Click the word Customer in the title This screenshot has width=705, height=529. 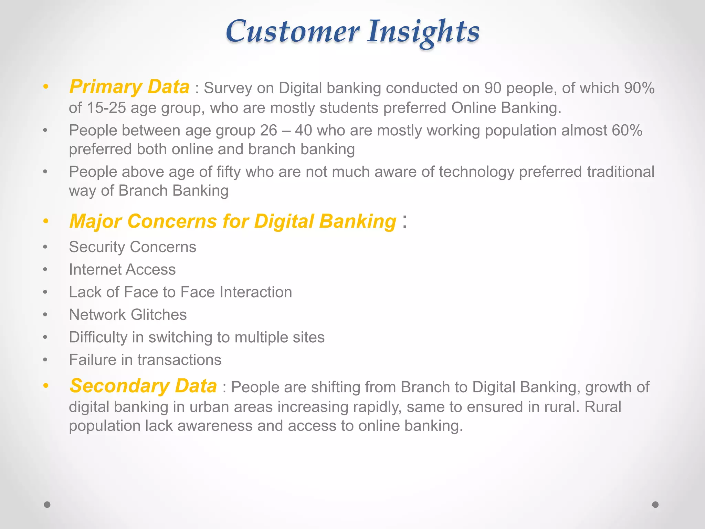point(292,32)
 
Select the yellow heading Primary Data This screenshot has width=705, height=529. point(129,87)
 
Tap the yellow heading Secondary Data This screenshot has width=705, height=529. point(143,386)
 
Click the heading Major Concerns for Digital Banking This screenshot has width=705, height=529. point(233,221)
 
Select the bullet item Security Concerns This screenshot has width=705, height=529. point(133,247)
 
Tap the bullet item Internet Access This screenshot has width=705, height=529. point(122,270)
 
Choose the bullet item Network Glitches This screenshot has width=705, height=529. point(128,315)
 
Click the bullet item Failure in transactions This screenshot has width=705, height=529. point(145,360)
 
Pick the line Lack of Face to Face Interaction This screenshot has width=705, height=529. point(180,292)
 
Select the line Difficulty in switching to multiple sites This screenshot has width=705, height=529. point(197,337)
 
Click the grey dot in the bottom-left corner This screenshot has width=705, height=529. point(47,505)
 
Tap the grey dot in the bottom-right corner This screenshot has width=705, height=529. point(655,505)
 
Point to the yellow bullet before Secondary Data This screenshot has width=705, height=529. point(45,386)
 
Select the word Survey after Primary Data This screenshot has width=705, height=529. point(228,88)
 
